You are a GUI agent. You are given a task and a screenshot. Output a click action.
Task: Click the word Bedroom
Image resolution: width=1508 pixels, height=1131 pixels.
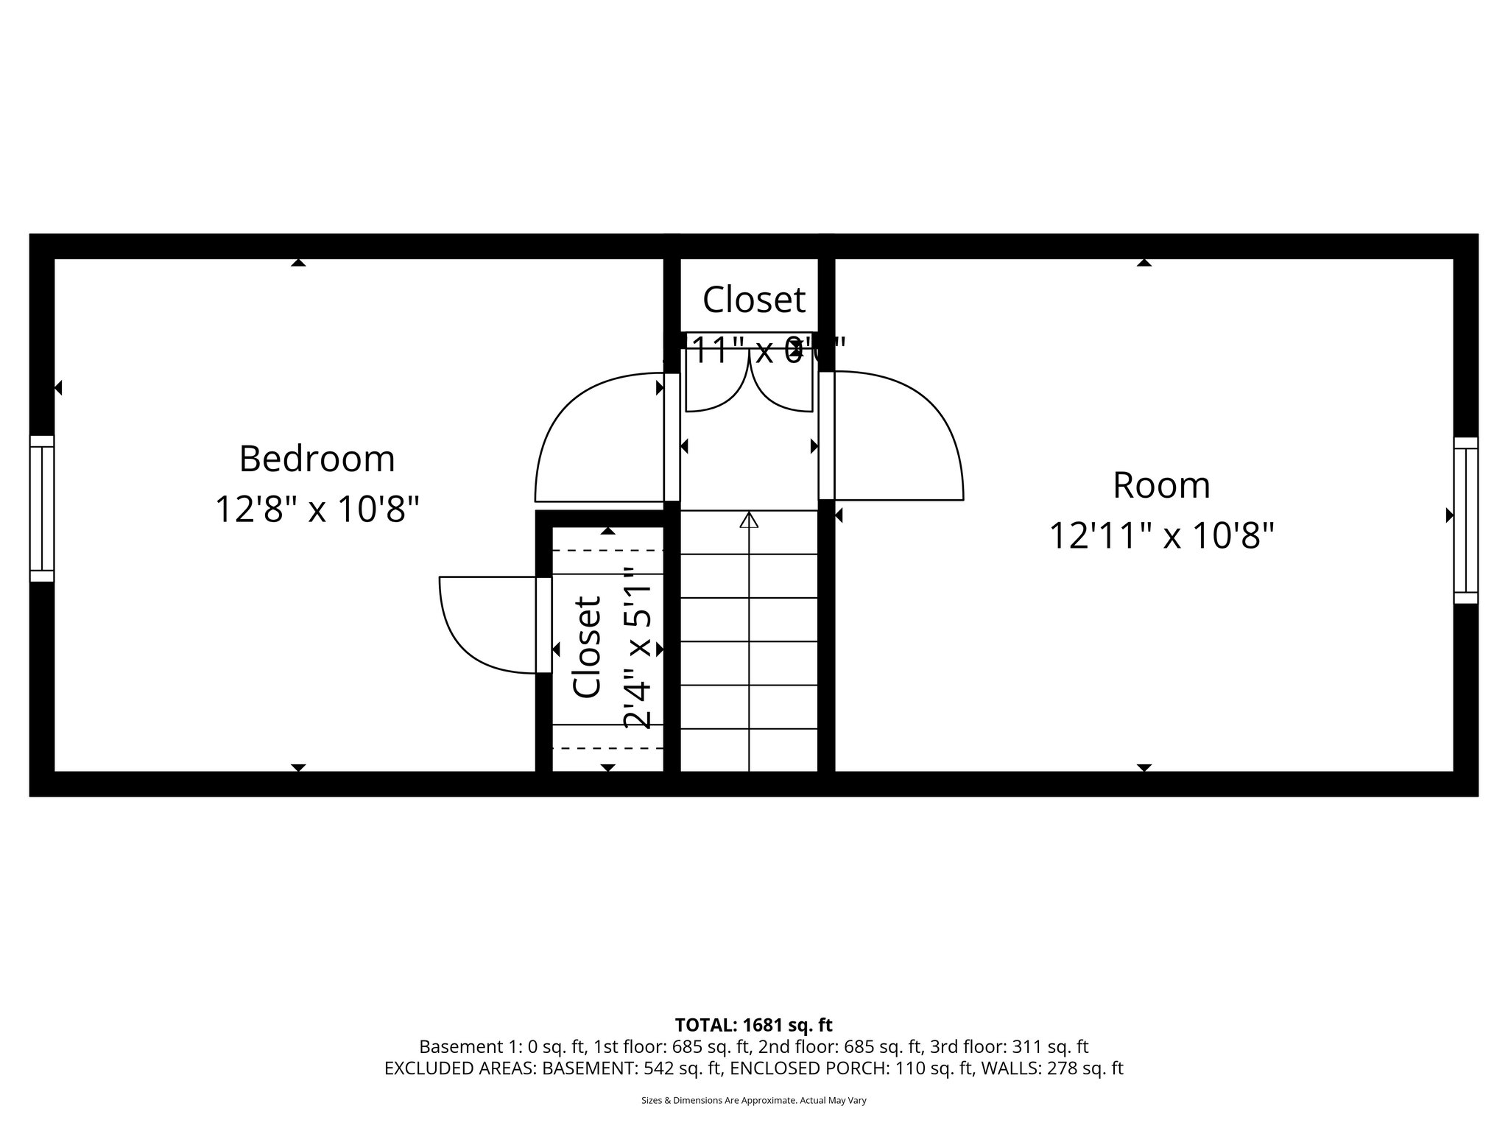click(317, 459)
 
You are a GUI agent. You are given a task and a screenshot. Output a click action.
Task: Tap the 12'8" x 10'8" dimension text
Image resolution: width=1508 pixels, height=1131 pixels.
click(317, 510)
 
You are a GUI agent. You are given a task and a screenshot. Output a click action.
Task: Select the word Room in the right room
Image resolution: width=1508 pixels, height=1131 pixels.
click(1161, 485)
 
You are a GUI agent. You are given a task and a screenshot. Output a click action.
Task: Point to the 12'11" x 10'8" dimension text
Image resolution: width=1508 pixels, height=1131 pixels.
click(1161, 536)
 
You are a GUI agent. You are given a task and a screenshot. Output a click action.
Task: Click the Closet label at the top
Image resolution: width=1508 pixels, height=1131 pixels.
click(753, 300)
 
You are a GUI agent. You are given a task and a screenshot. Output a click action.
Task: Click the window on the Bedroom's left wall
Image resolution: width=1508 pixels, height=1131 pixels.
click(42, 508)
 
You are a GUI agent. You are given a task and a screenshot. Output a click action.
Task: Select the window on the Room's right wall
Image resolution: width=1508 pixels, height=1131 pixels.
click(1465, 520)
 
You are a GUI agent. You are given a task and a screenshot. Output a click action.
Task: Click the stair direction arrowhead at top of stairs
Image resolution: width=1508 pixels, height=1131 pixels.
click(749, 520)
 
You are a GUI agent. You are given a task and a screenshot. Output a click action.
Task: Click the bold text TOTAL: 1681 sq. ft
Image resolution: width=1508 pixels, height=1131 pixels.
click(753, 1025)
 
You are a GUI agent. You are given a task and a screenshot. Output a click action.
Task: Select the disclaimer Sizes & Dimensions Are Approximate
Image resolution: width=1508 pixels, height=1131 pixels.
click(753, 1101)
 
